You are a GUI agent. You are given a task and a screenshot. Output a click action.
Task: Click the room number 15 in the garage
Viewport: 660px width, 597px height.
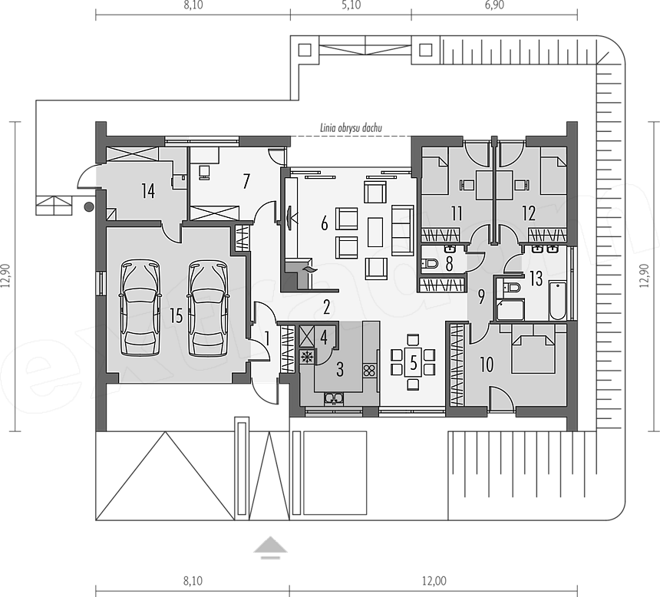[x=177, y=315]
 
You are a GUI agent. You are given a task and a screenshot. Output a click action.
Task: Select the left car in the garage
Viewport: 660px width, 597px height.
[x=140, y=308]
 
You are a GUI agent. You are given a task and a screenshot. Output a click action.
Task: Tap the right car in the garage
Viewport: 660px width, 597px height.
[x=207, y=308]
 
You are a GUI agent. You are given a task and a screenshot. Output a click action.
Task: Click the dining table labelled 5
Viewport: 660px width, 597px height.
[x=413, y=362]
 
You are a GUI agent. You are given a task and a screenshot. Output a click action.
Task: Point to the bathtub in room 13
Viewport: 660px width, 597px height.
[x=557, y=302]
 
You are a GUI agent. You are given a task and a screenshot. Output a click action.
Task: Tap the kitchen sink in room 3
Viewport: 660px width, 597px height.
[x=334, y=398]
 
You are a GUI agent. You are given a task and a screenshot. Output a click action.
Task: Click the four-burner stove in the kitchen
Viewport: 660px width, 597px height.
[x=369, y=371]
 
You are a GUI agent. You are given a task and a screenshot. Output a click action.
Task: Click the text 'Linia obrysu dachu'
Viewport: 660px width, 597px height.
[x=351, y=127]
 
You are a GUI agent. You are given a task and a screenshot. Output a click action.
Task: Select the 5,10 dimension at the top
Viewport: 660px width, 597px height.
[x=351, y=5]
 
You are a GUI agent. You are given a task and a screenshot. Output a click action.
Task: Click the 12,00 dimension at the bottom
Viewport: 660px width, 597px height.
[x=434, y=581]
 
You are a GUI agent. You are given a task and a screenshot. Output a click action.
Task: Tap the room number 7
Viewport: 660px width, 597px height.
[x=246, y=181]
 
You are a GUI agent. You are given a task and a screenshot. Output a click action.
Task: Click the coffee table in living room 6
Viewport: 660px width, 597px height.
[x=375, y=232]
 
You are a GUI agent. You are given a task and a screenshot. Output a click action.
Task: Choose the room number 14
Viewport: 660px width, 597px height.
[x=148, y=191]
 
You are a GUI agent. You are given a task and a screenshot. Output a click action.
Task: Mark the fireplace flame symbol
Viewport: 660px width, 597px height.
[x=310, y=269]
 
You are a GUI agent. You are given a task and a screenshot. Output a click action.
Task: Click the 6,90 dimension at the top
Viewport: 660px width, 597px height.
[x=494, y=5]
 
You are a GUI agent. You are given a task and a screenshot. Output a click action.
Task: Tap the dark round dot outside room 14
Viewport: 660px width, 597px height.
[x=89, y=206]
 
